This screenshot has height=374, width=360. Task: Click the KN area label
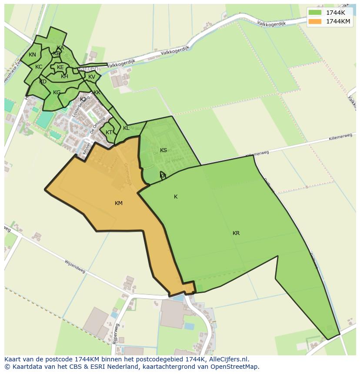32,55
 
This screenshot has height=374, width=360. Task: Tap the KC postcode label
39,67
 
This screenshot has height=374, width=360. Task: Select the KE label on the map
60,67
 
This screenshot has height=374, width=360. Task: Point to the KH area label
64,76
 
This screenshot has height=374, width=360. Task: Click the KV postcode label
92,77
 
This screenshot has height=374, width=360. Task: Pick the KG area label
57,93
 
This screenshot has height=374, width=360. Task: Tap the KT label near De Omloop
109,132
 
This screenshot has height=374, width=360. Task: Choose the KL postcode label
126,128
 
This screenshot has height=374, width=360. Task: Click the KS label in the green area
163,150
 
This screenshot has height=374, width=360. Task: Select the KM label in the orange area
119,203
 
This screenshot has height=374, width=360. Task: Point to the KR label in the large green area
236,233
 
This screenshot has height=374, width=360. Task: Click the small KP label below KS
163,176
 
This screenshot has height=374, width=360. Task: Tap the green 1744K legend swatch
315,13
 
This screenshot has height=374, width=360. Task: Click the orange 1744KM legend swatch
315,21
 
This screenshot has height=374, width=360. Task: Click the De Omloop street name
98,125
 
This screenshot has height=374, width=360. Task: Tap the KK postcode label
97,93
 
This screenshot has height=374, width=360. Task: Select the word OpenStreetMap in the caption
236,367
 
